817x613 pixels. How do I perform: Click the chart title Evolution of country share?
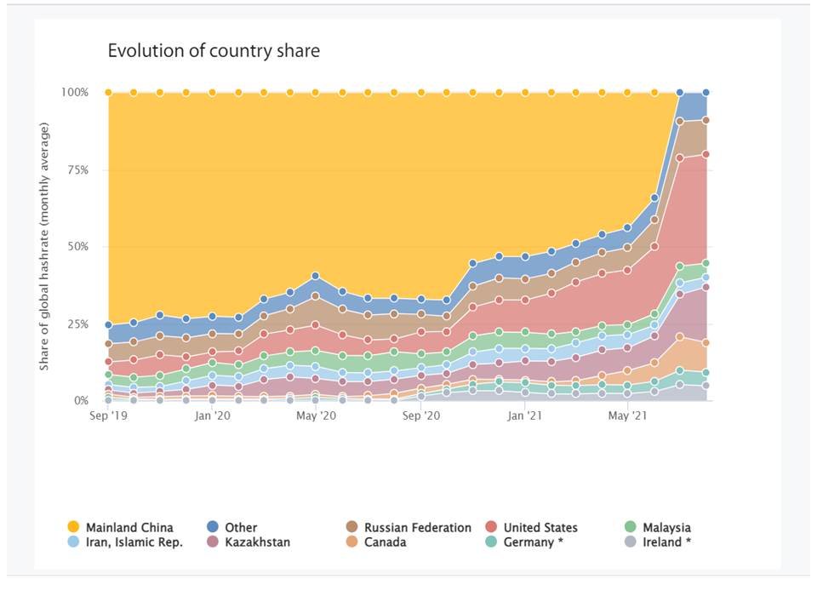(214, 51)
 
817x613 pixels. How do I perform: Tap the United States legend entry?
(540, 528)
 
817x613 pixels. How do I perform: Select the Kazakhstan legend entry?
(255, 542)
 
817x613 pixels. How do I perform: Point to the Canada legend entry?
(385, 542)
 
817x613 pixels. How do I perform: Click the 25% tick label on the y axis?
(77, 324)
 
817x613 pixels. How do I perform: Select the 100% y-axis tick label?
(75, 92)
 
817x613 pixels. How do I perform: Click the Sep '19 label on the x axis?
(108, 416)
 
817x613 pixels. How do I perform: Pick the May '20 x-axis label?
(315, 416)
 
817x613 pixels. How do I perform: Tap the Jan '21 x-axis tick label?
(525, 416)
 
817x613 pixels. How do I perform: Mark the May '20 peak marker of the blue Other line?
(315, 276)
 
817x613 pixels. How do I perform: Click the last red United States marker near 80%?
(706, 154)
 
